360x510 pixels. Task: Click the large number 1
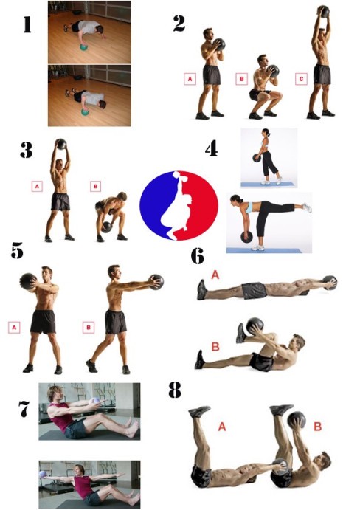click(27, 24)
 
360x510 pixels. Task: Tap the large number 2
click(179, 24)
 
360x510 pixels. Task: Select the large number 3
click(27, 150)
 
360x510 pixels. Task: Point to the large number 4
click(212, 149)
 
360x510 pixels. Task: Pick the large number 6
click(198, 256)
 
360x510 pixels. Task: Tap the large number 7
click(24, 409)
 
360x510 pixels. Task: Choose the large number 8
click(175, 390)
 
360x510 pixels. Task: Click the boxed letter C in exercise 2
click(301, 79)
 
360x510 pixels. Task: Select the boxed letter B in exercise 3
click(96, 187)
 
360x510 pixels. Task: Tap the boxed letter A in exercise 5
click(14, 328)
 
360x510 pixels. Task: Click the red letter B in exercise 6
click(215, 347)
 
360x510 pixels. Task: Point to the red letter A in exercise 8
click(222, 427)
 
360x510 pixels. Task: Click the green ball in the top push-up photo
click(84, 47)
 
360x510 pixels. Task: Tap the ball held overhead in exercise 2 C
click(324, 12)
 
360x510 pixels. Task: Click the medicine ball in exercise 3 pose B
click(107, 227)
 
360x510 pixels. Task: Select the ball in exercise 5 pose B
click(156, 282)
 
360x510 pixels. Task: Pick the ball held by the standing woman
click(257, 158)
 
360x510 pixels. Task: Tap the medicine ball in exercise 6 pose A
click(330, 283)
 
